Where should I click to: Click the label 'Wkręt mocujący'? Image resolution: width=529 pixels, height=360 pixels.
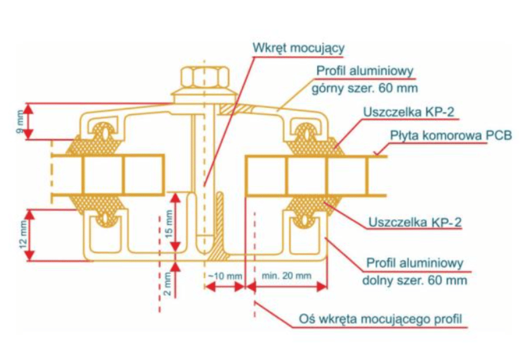coord(299,48)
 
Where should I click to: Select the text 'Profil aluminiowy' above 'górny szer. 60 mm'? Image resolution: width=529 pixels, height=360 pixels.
coord(364,70)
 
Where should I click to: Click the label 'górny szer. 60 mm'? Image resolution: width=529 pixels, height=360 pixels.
coord(364,86)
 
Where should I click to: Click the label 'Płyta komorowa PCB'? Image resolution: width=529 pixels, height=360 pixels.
coord(451,136)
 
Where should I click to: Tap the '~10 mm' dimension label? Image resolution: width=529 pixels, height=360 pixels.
coord(225,276)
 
